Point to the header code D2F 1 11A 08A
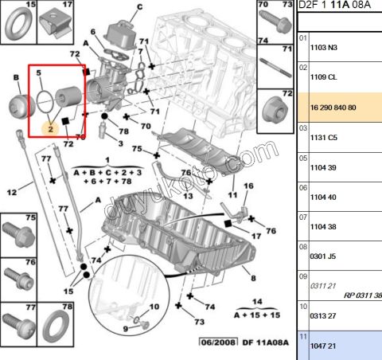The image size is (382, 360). pyautogui.click(x=334, y=6)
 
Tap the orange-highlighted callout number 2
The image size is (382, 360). pyautogui.click(x=49, y=127)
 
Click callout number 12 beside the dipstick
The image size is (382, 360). pyautogui.click(x=11, y=192)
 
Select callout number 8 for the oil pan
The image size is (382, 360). pyautogui.click(x=252, y=279)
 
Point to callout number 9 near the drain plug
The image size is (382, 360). pyautogui.click(x=124, y=328)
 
